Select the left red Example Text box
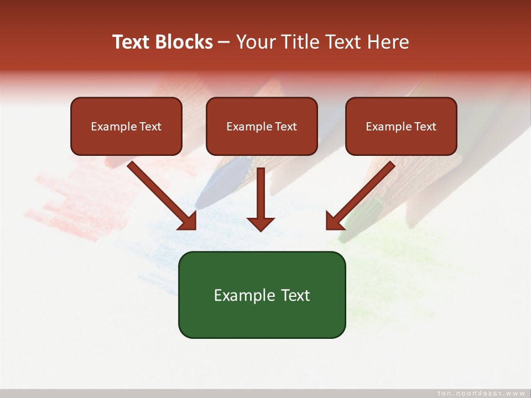coord(126,127)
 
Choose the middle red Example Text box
coord(262,127)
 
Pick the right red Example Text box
coord(401,127)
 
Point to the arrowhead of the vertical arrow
coord(261,223)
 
